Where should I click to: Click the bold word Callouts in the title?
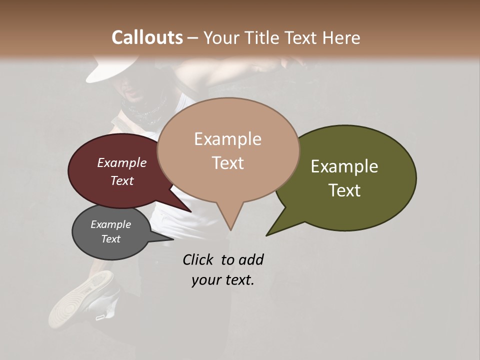tap(147, 37)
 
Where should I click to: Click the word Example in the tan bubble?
tap(227, 139)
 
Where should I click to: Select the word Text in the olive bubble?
tap(344, 190)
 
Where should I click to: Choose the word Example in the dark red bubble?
tap(121, 162)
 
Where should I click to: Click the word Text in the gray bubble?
tap(111, 239)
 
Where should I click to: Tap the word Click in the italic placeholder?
tap(198, 259)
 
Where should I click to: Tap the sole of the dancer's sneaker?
tap(75, 300)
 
